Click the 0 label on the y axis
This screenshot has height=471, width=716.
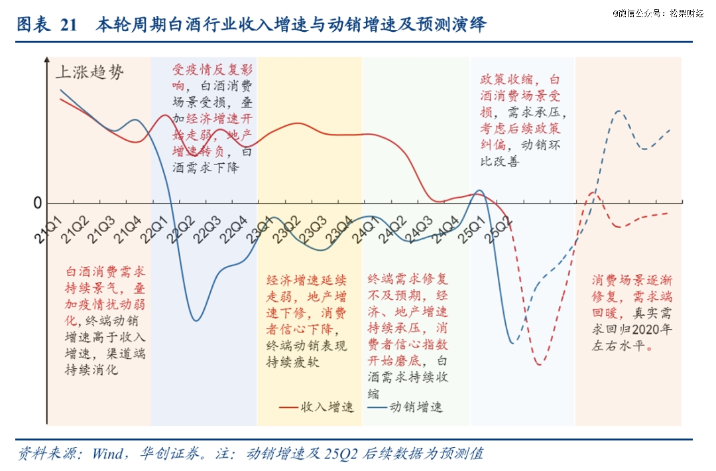pos(38,204)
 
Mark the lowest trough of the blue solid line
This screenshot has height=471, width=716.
pos(196,321)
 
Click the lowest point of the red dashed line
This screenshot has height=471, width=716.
pos(539,364)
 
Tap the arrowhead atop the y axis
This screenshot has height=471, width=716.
pos(46,60)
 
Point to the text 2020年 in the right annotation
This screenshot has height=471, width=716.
pos(653,330)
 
